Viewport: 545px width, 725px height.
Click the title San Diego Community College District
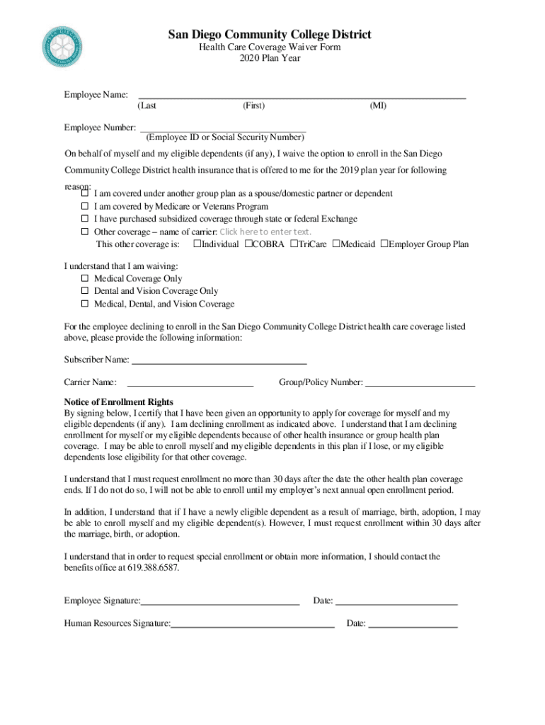point(269,35)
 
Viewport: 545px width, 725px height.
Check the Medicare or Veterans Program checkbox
point(85,207)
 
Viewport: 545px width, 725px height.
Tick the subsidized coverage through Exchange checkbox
point(85,219)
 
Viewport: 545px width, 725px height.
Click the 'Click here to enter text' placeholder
point(265,232)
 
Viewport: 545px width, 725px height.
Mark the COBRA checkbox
point(248,244)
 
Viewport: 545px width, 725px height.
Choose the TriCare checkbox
point(294,244)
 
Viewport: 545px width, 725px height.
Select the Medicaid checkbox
point(336,244)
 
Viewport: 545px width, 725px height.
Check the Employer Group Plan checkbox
point(384,244)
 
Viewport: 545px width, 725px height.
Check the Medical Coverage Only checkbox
point(85,279)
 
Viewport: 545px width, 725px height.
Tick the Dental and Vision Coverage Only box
point(85,291)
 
